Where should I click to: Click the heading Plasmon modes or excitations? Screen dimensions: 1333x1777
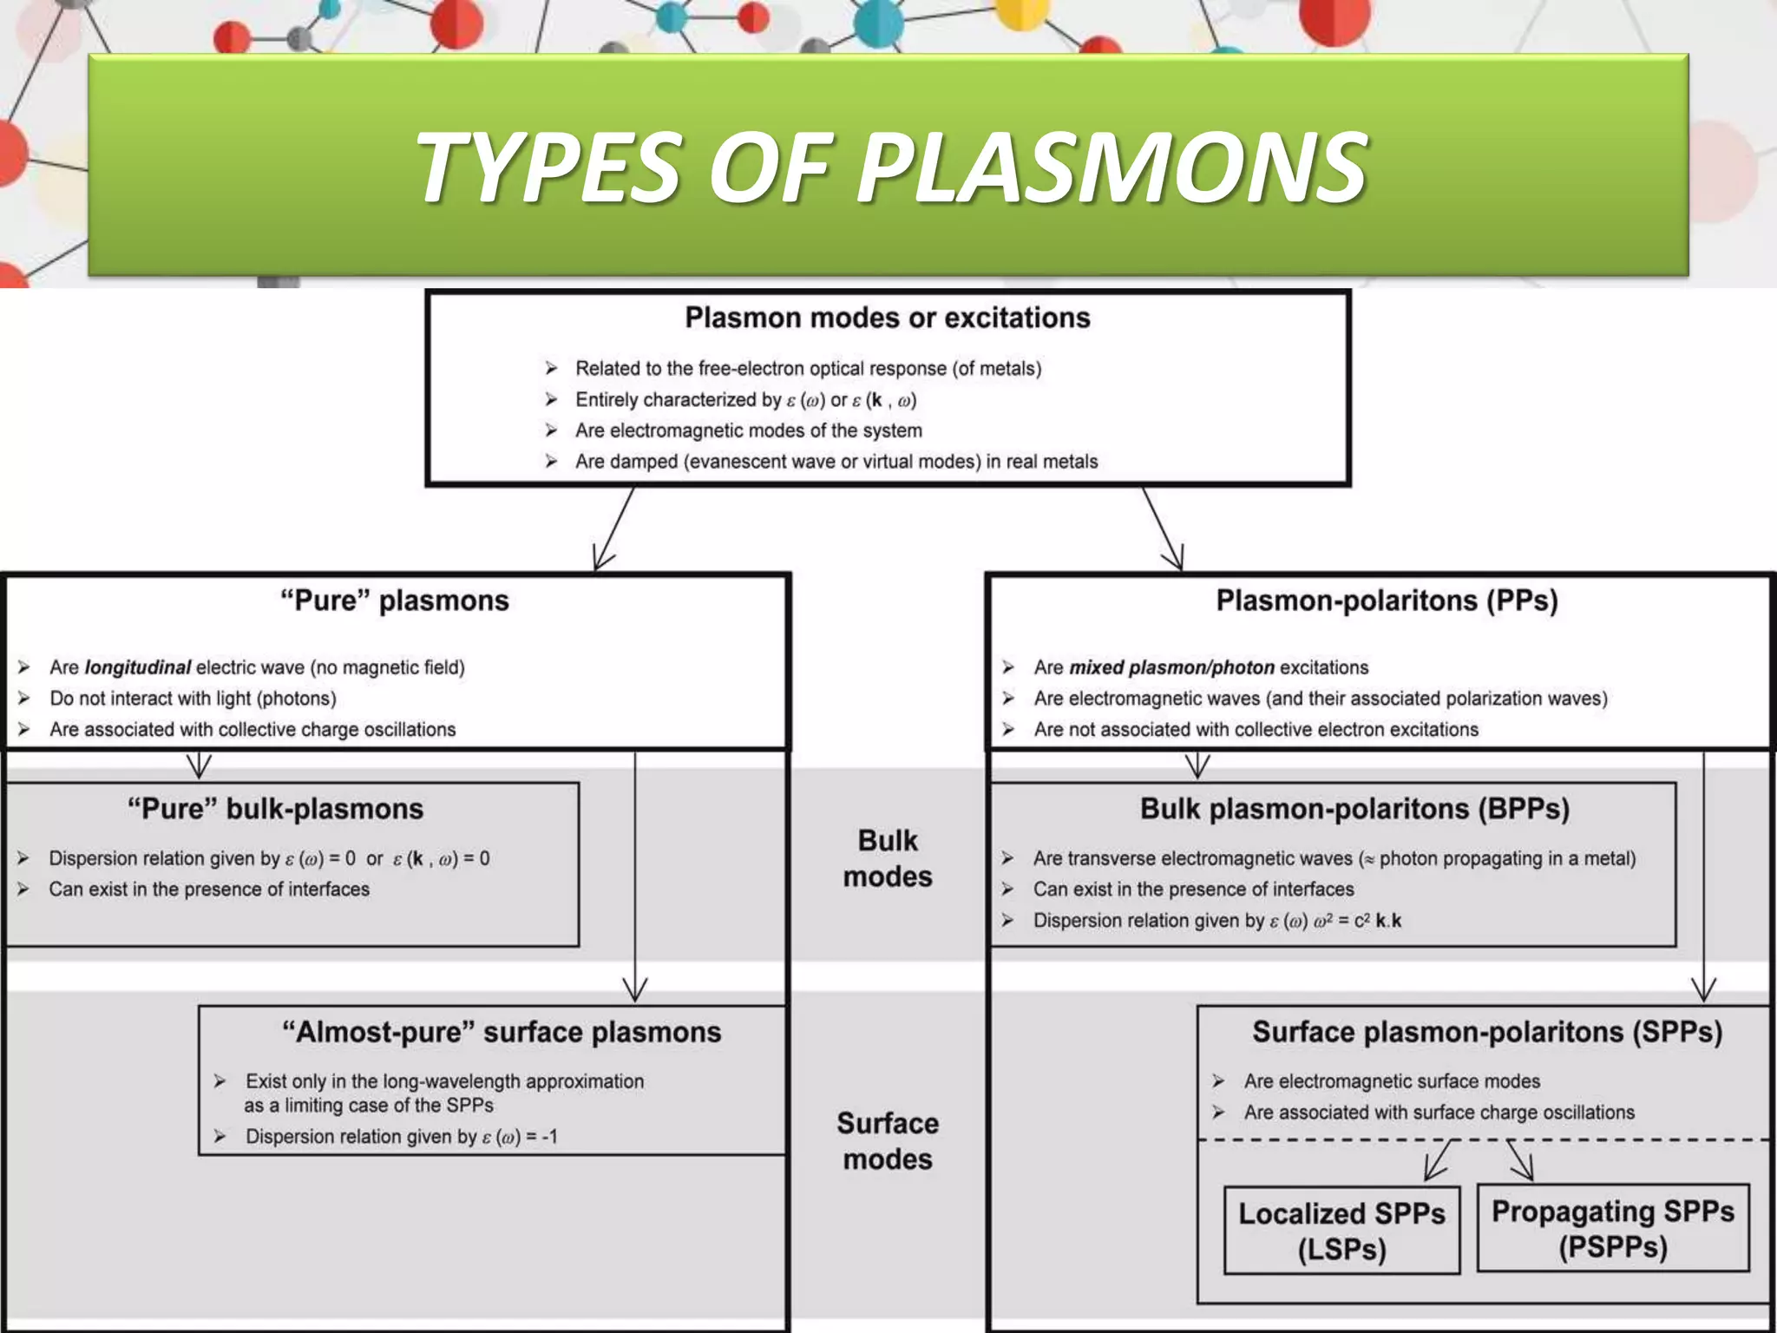(x=887, y=318)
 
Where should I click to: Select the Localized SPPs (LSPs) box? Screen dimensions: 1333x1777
(x=1341, y=1231)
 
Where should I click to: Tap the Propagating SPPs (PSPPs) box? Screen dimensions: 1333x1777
(x=1612, y=1228)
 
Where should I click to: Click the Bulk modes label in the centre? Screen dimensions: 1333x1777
(x=887, y=858)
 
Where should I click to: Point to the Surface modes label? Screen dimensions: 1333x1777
(x=887, y=1141)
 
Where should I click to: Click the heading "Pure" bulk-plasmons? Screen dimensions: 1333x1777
(x=275, y=809)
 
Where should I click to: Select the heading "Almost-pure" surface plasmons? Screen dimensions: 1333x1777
(x=502, y=1032)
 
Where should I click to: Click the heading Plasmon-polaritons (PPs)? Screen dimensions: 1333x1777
(x=1387, y=601)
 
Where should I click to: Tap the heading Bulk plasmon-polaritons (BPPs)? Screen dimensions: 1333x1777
(x=1354, y=809)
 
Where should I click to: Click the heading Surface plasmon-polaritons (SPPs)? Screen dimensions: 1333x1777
(x=1486, y=1032)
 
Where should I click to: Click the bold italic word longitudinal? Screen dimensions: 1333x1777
(x=137, y=667)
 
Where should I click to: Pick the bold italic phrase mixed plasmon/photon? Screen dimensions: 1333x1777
(x=1171, y=667)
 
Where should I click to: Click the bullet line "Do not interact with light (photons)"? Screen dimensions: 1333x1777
(x=193, y=699)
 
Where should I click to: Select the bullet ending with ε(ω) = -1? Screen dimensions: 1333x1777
(x=401, y=1137)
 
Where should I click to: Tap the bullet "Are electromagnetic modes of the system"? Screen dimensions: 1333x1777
(x=748, y=430)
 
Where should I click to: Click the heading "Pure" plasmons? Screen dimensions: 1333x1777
(x=394, y=601)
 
